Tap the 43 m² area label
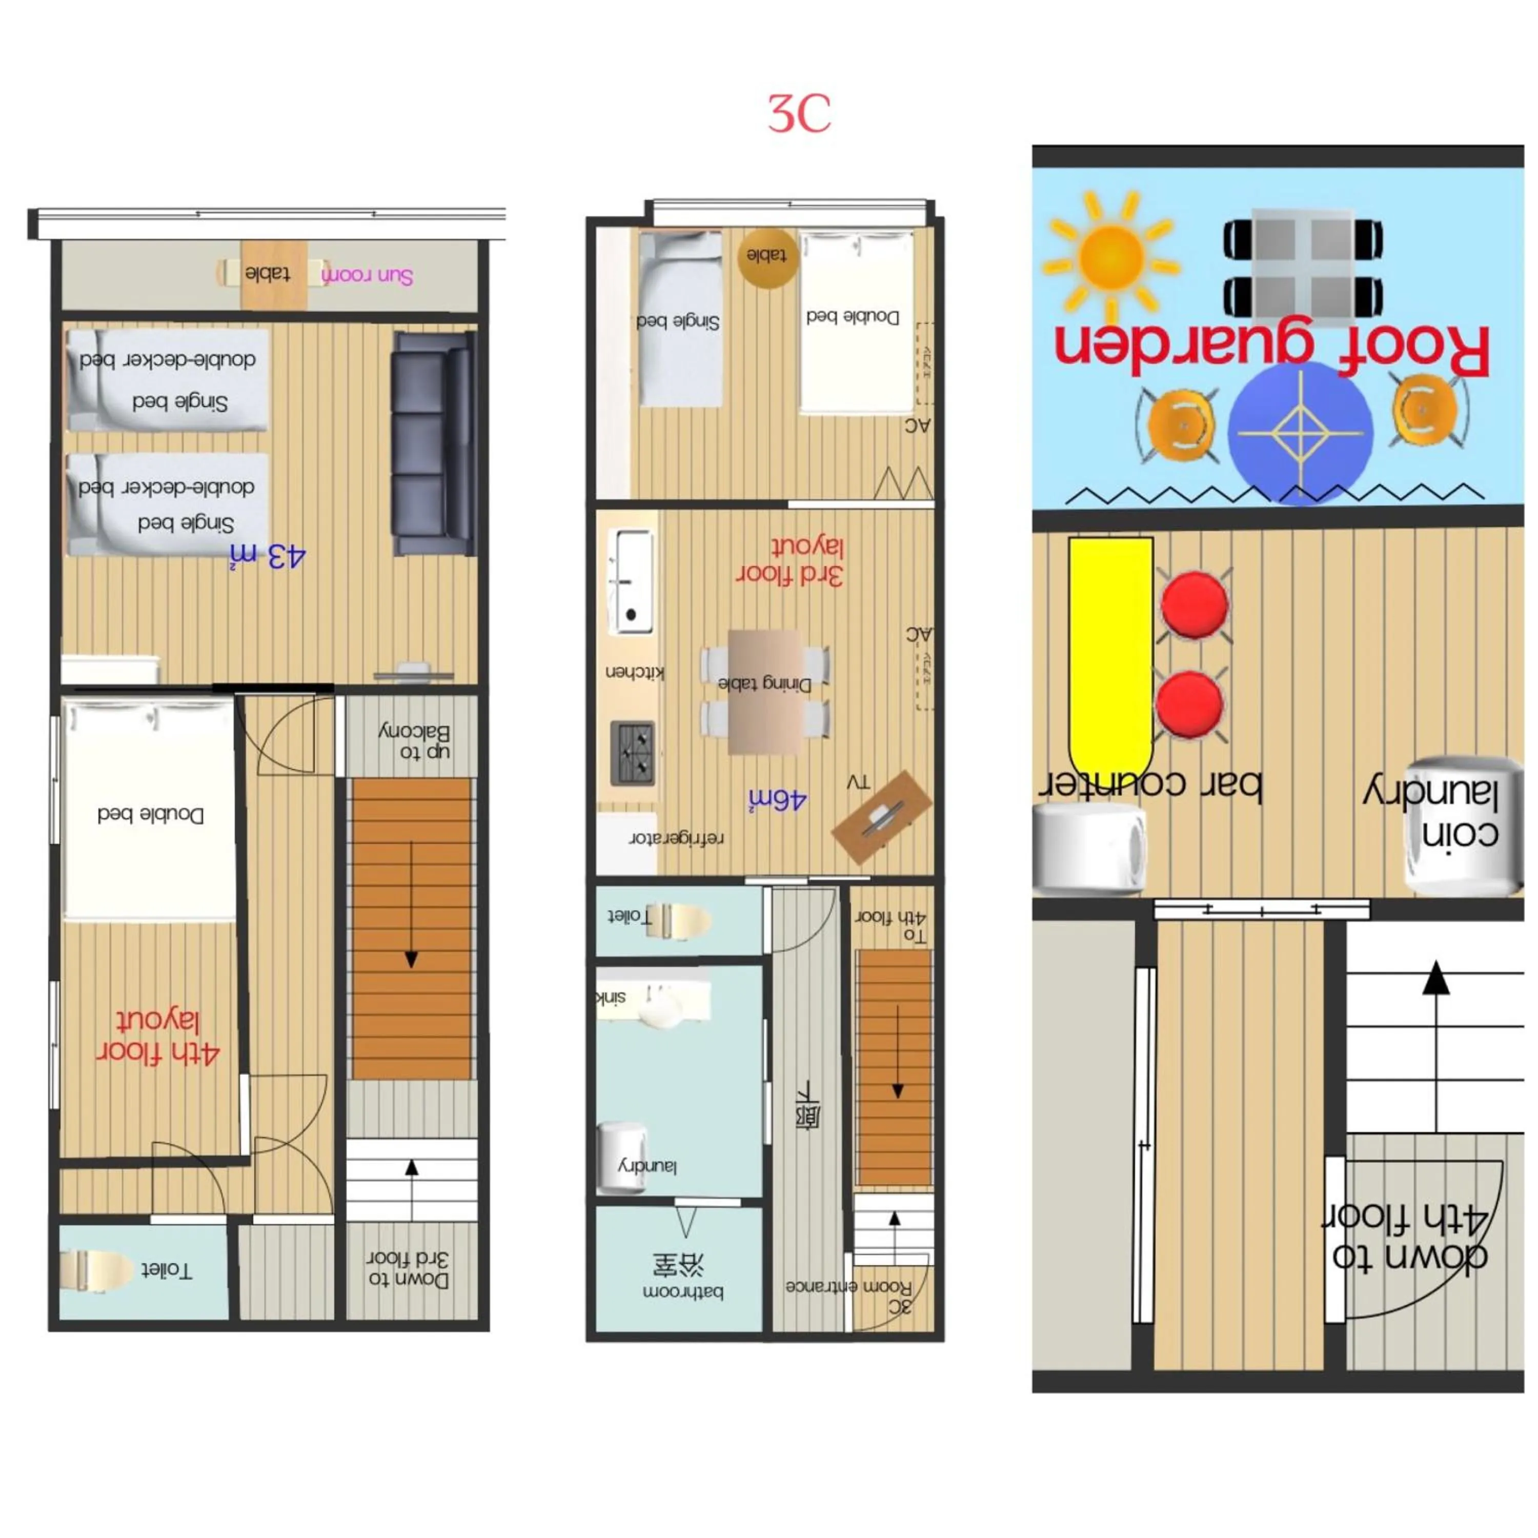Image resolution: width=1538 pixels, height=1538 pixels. click(268, 556)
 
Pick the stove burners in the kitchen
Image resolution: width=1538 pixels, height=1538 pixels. click(633, 752)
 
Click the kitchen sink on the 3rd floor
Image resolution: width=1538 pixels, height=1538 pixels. click(631, 582)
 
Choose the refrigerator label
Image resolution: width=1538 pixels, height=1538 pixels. click(677, 838)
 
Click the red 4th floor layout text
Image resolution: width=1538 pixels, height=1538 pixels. click(157, 1037)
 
